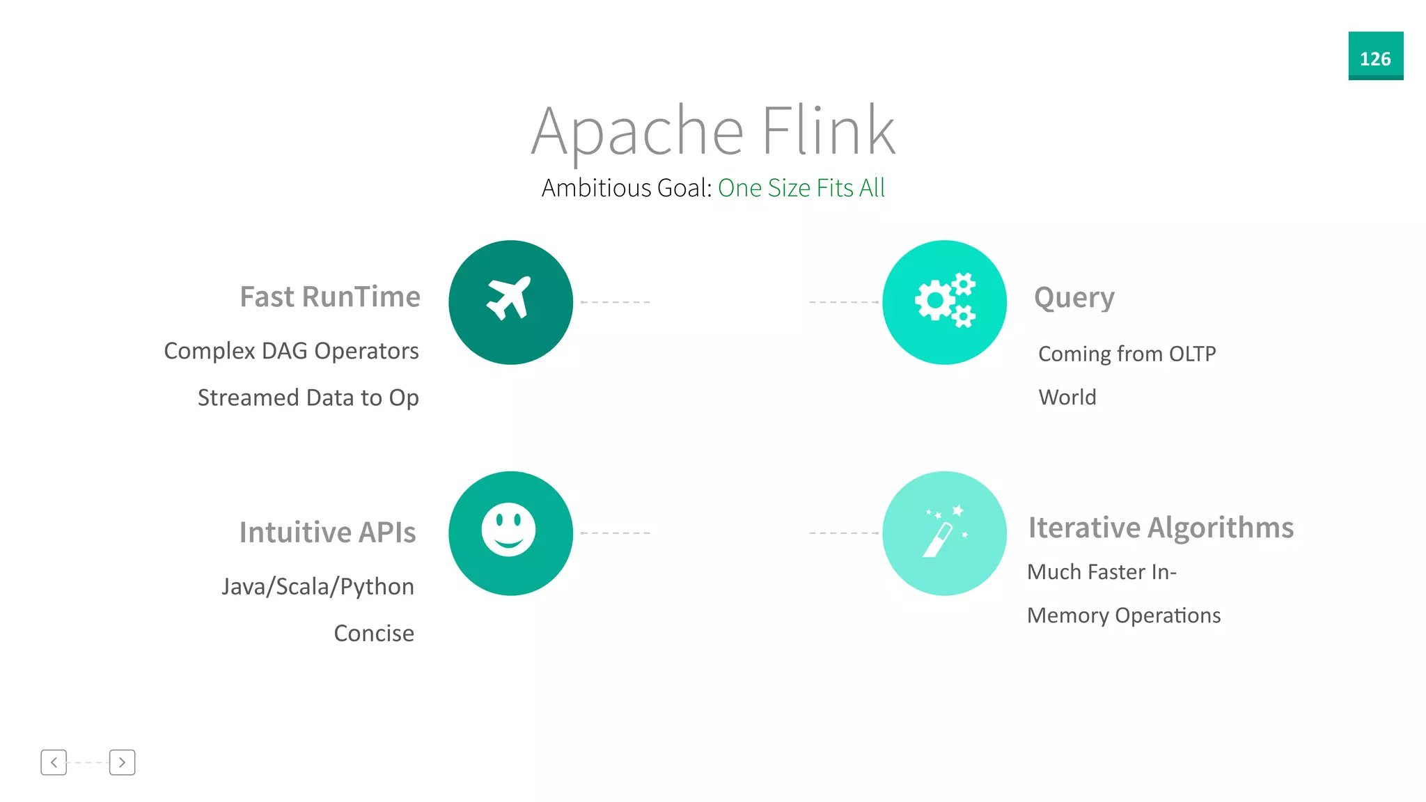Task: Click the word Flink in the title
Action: [x=828, y=130]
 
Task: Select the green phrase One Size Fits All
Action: [x=801, y=188]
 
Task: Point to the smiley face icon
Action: [x=509, y=530]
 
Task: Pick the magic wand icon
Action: [x=944, y=533]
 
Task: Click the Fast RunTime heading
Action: [x=330, y=297]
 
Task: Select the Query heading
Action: [x=1074, y=298]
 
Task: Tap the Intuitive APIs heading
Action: [x=327, y=533]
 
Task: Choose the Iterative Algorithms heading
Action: [x=1161, y=528]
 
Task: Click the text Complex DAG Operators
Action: [x=291, y=351]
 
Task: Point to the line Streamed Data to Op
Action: [x=308, y=398]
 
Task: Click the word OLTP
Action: [x=1192, y=354]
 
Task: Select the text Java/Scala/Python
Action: [x=318, y=587]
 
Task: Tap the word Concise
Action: [x=374, y=634]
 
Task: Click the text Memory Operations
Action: [x=1124, y=615]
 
